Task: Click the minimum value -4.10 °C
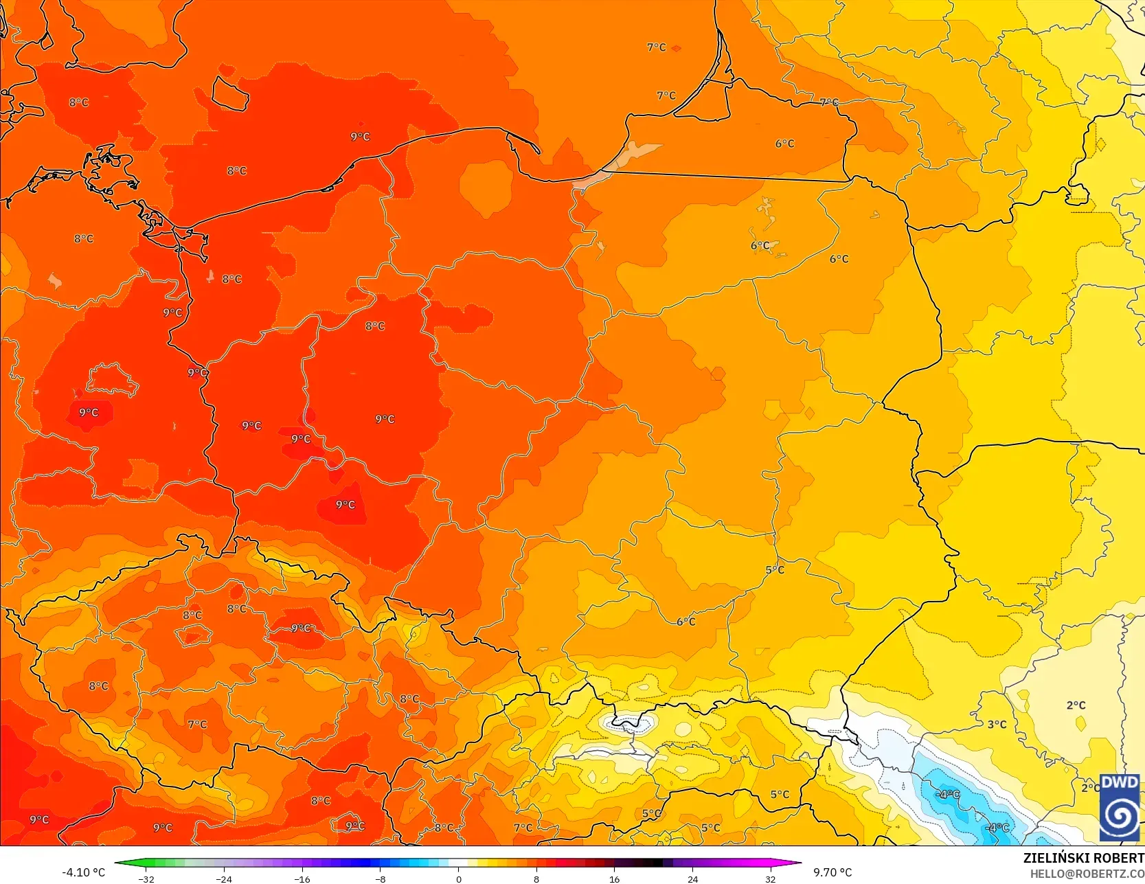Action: pos(83,872)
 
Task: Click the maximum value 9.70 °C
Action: pos(832,872)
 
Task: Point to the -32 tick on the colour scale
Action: pos(146,879)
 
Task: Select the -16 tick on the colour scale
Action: pos(302,879)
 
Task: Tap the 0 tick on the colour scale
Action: pos(458,879)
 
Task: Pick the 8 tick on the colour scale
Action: pos(536,879)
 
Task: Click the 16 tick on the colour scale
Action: pos(614,879)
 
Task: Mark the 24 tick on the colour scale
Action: pos(692,879)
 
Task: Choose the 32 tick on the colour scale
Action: pos(771,879)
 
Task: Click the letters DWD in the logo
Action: pos(1120,782)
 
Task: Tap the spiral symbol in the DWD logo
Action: pos(1120,816)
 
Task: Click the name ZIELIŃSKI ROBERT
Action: pos(1083,858)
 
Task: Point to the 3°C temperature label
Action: pos(997,725)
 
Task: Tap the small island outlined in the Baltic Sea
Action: pos(229,94)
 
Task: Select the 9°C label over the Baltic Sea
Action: pos(360,137)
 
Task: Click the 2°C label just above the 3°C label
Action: pos(1076,705)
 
